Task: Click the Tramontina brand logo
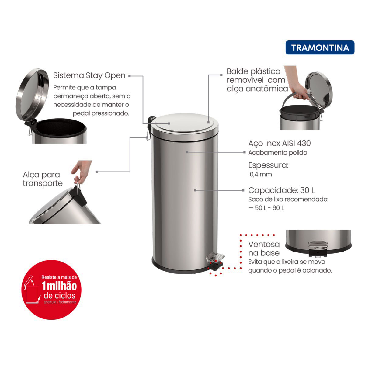(320, 47)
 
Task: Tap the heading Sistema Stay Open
(89, 75)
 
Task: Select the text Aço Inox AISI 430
(280, 143)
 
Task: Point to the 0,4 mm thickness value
(261, 174)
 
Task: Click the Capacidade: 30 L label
(281, 190)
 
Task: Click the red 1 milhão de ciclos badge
(51, 290)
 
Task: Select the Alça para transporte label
(43, 179)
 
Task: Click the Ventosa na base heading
(264, 249)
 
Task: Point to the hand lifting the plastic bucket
(295, 83)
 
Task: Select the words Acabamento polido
(278, 153)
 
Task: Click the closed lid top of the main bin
(184, 123)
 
